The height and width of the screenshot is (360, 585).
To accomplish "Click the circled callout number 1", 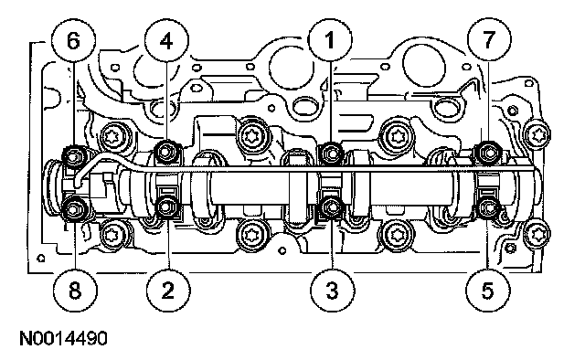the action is click(330, 39).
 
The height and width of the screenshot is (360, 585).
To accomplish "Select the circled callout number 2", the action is click(168, 290).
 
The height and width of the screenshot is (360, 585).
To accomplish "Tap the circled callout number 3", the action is click(333, 290).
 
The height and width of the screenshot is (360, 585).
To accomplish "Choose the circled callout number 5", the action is click(488, 290).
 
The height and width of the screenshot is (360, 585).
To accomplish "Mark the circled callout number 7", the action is click(489, 39).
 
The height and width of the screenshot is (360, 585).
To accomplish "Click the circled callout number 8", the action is click(75, 290).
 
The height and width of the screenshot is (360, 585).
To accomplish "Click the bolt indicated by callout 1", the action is click(331, 153).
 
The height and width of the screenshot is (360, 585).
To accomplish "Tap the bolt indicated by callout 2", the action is click(166, 206).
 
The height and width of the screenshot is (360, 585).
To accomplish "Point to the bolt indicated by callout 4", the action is click(166, 152).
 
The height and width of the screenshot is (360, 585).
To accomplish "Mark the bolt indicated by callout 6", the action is click(73, 155).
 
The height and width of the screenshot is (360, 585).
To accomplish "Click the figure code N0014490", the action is click(63, 339).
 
